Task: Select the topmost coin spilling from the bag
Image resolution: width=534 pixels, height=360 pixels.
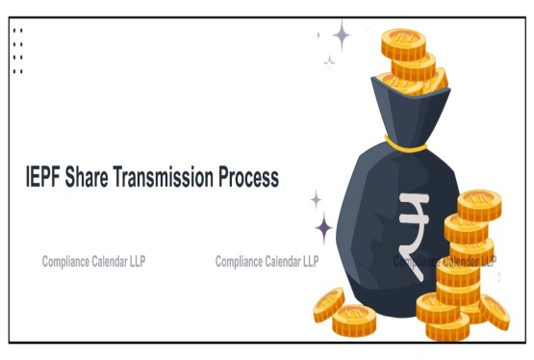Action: pos(402,41)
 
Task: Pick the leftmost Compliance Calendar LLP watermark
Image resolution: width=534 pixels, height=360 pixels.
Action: pos(94,261)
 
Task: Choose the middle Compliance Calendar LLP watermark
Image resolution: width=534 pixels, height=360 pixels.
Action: pos(267,261)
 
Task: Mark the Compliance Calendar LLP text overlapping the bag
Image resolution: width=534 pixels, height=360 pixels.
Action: pos(445,261)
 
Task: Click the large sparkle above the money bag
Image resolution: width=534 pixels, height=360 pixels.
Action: pos(342,36)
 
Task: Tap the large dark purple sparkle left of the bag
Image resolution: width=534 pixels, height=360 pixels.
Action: pos(324,228)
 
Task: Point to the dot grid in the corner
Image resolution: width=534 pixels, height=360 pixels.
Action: pos(17,50)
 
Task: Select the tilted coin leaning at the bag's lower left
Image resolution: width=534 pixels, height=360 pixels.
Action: pos(328,303)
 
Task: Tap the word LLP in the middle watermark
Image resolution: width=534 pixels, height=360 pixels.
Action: pos(310,261)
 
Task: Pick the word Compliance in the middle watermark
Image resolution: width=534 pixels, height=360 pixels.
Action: pos(240,261)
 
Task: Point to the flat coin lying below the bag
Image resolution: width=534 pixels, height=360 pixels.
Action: pos(354,320)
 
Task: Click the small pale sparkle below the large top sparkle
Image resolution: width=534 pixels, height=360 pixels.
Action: pos(329,62)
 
